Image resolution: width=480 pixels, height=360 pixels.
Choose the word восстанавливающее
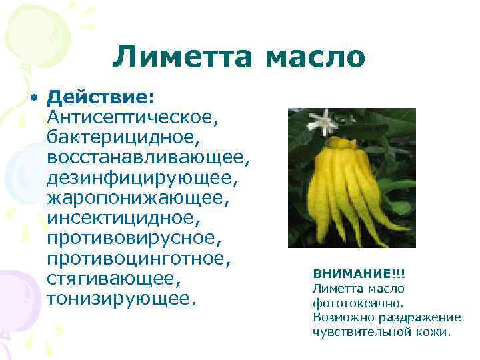point(148,157)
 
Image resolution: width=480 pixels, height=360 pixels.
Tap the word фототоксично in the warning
point(349,303)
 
